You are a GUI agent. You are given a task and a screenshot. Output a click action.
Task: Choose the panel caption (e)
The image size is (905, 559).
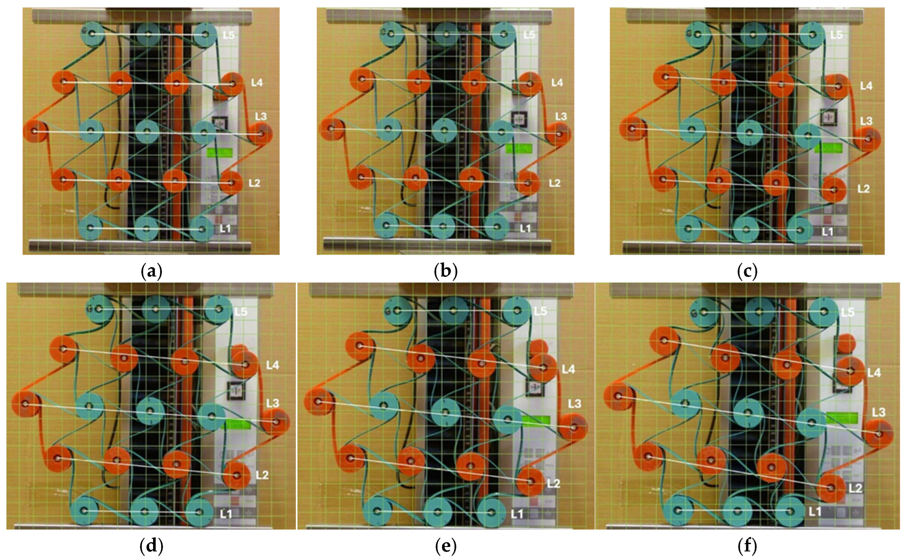446,546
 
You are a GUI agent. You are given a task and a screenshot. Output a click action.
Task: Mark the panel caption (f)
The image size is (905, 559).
747,546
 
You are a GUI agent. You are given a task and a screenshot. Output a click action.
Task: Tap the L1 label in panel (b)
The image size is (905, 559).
525,229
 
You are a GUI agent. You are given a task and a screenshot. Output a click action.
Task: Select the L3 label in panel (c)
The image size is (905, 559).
866,121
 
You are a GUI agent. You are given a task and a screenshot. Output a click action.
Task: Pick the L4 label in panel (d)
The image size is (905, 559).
272,365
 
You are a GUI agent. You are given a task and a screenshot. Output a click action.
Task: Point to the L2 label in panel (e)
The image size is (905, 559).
553,483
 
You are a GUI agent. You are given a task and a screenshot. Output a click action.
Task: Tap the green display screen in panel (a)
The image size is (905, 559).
220,152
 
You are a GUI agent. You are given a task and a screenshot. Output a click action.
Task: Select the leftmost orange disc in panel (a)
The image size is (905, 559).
35,131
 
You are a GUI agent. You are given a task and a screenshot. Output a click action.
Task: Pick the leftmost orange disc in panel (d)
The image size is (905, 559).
25,404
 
